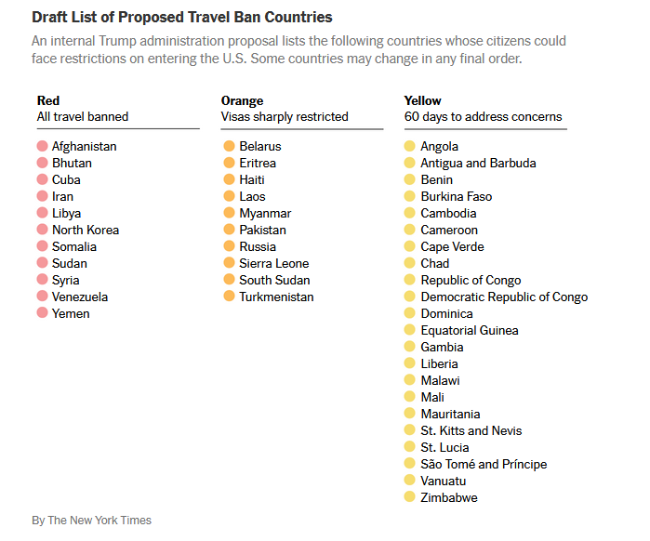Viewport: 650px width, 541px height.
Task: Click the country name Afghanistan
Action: (84, 146)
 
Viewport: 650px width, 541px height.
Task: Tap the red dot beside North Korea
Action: (42, 230)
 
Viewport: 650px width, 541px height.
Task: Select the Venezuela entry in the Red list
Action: (79, 297)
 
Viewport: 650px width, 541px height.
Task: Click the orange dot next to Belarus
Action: (229, 146)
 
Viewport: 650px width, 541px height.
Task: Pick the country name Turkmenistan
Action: (276, 297)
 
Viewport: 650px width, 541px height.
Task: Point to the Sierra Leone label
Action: (273, 263)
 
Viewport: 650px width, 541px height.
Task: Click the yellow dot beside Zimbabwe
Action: (410, 497)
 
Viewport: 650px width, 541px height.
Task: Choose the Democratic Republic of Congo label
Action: (504, 297)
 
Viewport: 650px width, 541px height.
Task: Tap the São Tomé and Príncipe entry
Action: (484, 464)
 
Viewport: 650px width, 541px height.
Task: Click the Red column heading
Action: (47, 100)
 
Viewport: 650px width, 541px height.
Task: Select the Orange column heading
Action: (242, 100)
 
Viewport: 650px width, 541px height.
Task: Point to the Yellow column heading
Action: (422, 100)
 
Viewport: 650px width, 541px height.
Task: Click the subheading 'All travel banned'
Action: (82, 117)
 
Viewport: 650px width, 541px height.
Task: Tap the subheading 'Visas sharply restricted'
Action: (285, 117)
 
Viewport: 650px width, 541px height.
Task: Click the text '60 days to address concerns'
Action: (483, 117)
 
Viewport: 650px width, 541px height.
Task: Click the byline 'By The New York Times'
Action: (91, 520)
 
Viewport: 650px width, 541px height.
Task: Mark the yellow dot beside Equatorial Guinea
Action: (410, 330)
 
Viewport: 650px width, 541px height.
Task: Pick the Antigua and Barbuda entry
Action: (478, 163)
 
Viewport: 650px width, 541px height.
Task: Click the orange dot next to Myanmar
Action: (229, 213)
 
